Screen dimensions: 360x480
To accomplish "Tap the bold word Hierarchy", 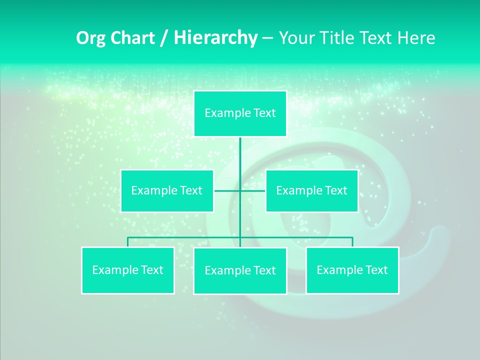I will click(x=215, y=38).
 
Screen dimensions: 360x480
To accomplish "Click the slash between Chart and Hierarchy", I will click(x=164, y=38).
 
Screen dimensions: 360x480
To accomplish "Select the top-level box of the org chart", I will click(x=240, y=113).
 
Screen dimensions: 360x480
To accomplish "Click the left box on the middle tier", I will click(x=167, y=191).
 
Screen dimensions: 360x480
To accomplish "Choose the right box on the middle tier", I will click(x=311, y=191).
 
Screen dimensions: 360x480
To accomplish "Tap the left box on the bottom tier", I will click(x=127, y=270).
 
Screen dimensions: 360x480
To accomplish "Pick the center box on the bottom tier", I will click(x=240, y=271).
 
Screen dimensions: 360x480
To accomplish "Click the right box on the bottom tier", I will click(x=352, y=270).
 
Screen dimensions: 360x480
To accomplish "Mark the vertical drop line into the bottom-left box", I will click(x=127, y=242).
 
